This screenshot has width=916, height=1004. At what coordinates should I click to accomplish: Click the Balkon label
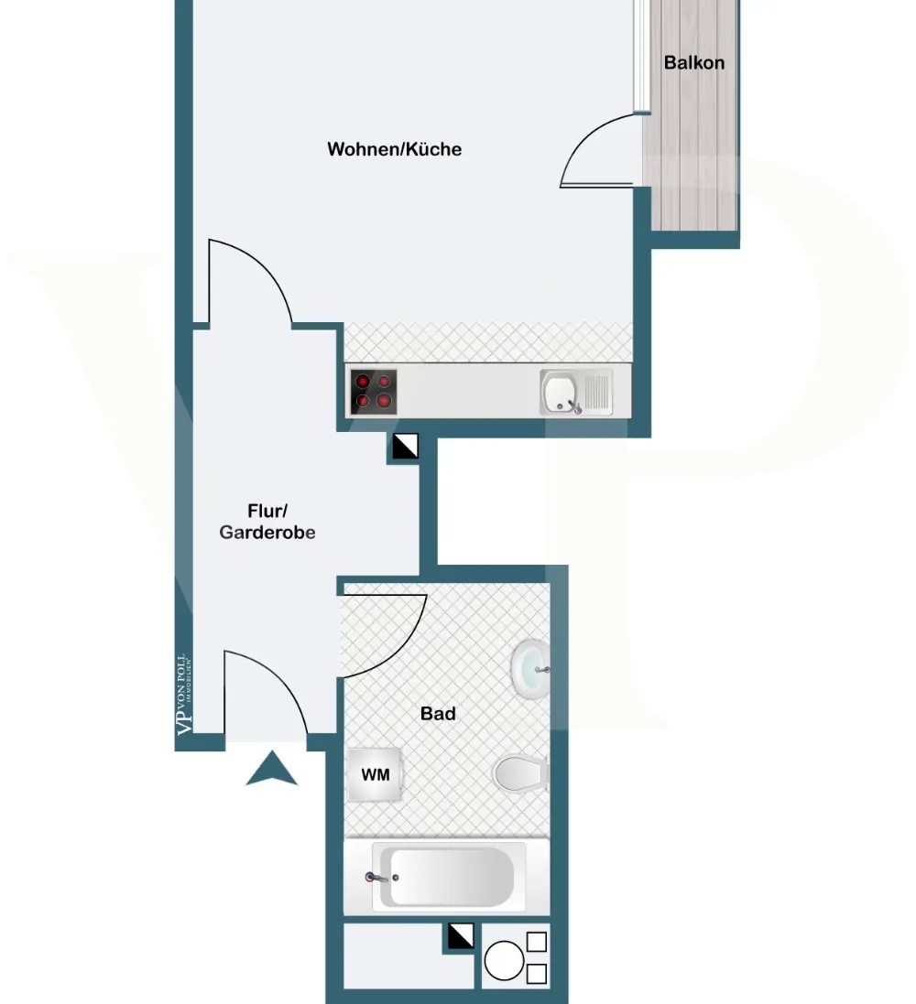pyautogui.click(x=693, y=63)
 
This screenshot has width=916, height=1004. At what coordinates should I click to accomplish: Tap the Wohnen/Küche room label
pyautogui.click(x=395, y=149)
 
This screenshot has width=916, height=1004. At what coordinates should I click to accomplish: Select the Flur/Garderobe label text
pyautogui.click(x=267, y=522)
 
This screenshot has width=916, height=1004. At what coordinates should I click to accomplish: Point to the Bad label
pyautogui.click(x=438, y=713)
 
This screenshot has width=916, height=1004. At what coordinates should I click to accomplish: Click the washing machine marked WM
pyautogui.click(x=376, y=775)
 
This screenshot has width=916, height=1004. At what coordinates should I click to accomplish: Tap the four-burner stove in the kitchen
pyautogui.click(x=374, y=391)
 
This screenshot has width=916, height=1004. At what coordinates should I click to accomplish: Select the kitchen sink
pyautogui.click(x=576, y=392)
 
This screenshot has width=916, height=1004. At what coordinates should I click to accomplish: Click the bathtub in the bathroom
pyautogui.click(x=448, y=877)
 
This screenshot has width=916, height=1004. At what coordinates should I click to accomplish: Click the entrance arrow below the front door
pyautogui.click(x=272, y=769)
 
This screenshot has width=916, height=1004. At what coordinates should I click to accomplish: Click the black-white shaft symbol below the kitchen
pyautogui.click(x=405, y=447)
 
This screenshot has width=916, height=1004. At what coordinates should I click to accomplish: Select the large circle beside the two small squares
pyautogui.click(x=504, y=962)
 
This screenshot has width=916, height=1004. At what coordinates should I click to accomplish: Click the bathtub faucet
pyautogui.click(x=373, y=877)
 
